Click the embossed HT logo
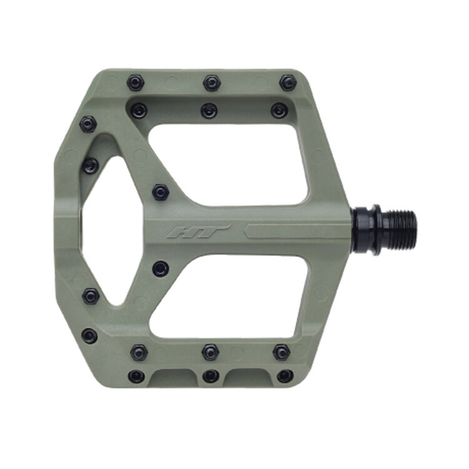[199, 231]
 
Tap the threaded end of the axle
[394, 228]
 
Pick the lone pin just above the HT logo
[161, 191]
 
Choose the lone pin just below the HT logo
[161, 269]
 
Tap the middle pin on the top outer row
[211, 83]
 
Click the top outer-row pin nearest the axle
[288, 83]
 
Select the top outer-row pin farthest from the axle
[134, 83]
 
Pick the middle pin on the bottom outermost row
[211, 376]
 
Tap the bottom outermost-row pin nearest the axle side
[285, 376]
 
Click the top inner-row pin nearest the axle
[279, 111]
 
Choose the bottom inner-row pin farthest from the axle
[139, 353]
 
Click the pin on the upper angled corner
[89, 124]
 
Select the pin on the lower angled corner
[89, 336]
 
